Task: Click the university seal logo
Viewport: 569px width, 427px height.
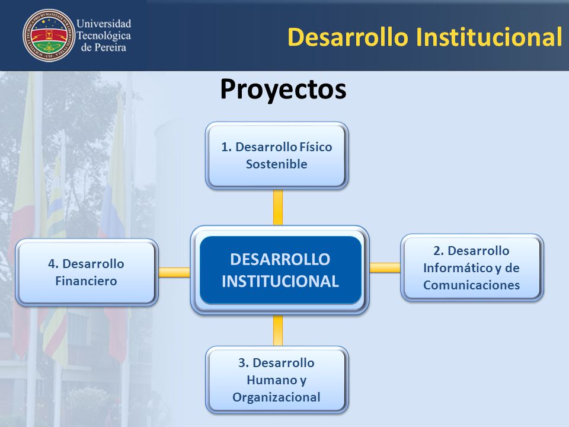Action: click(49, 35)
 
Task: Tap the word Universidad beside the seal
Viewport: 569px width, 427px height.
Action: click(104, 24)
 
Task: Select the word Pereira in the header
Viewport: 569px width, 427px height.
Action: click(108, 47)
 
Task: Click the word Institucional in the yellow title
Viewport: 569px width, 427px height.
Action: click(489, 37)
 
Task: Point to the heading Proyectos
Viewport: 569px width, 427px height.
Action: click(283, 90)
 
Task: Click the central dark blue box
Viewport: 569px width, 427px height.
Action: click(280, 270)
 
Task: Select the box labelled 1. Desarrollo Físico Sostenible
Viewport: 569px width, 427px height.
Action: click(277, 155)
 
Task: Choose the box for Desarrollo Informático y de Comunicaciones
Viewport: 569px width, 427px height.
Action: click(472, 267)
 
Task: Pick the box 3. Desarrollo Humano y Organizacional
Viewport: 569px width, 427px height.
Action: click(277, 380)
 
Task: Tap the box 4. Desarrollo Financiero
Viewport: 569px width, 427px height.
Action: click(87, 272)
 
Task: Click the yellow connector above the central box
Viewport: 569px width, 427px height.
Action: click(278, 208)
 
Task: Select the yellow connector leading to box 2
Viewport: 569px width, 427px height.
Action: click(385, 267)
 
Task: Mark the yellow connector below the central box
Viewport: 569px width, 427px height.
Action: click(278, 330)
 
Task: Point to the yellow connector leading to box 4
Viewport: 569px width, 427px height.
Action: click(174, 272)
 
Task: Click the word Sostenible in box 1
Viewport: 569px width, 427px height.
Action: click(277, 164)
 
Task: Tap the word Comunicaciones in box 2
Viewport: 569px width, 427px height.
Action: click(471, 285)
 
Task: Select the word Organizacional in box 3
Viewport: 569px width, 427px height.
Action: click(277, 397)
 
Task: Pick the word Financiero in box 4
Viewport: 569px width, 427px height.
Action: click(86, 281)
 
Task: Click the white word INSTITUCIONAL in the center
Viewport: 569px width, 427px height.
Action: click(280, 281)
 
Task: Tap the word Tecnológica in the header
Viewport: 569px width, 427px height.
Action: click(104, 36)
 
